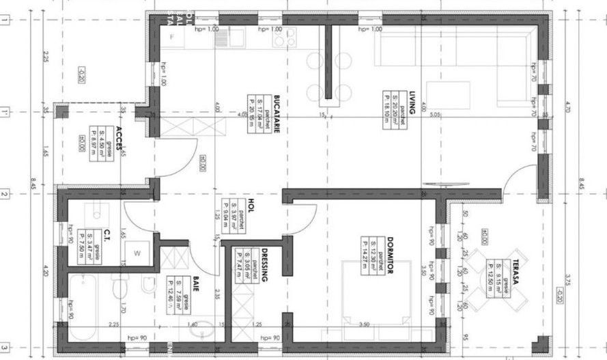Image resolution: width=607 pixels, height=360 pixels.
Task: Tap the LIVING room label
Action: [412, 107]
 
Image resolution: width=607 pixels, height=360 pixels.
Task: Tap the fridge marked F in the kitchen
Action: [171, 36]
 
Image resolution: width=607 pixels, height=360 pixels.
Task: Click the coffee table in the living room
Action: [447, 95]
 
